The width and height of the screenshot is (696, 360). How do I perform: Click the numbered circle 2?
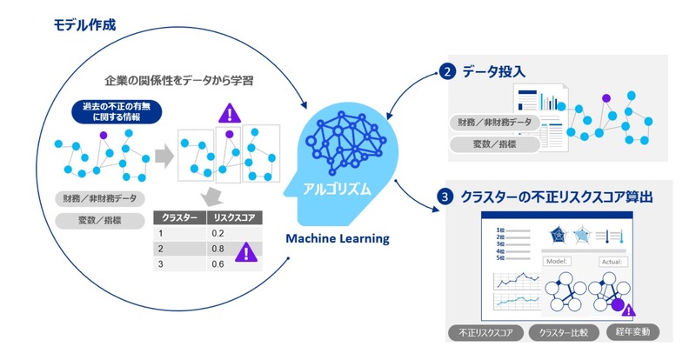(x=447, y=73)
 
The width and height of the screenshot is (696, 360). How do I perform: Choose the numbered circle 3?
(x=446, y=197)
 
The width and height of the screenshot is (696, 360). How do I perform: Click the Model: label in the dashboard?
(x=557, y=261)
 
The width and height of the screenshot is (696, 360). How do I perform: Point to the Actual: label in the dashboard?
(x=611, y=261)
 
